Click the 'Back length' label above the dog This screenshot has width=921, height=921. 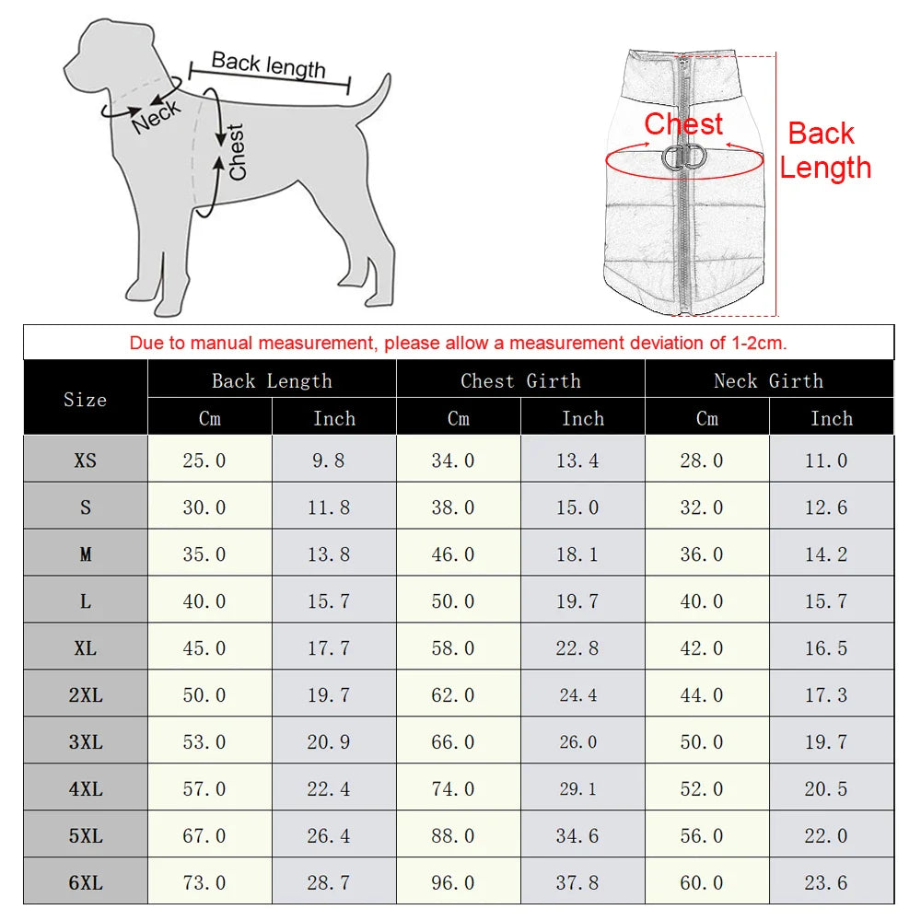click(268, 65)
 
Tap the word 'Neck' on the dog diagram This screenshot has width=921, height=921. click(157, 117)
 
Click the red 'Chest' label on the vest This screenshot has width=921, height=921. click(683, 124)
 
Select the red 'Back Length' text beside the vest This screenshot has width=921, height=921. click(824, 150)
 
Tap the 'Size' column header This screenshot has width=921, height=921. click(85, 400)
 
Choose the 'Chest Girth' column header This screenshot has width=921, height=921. click(520, 380)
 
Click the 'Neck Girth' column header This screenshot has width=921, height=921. click(769, 380)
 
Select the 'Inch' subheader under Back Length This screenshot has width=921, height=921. click(333, 418)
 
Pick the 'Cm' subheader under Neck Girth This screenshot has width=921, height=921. click(706, 418)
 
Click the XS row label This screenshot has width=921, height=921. click(85, 460)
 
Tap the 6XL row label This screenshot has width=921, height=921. click(85, 882)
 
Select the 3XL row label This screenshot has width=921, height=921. click(85, 741)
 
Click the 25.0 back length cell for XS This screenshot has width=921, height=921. click(204, 460)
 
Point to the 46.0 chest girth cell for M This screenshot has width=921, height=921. click(453, 554)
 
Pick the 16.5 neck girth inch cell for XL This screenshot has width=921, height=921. click(826, 648)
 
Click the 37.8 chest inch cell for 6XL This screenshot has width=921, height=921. click(577, 882)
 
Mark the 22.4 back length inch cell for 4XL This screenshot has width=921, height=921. click(329, 788)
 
